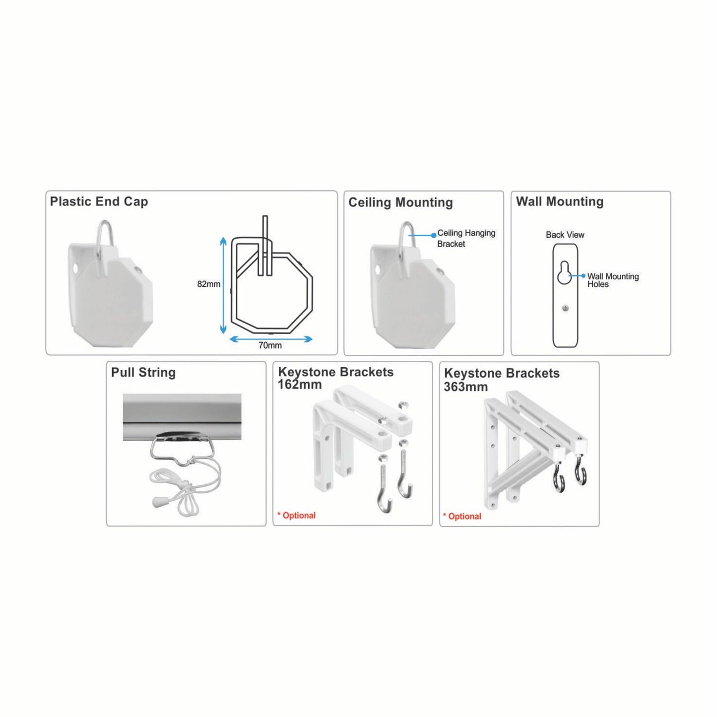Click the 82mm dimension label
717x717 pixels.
coord(208,284)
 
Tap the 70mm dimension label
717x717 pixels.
coord(270,345)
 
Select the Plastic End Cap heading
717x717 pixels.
coord(99,201)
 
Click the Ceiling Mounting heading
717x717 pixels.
coord(400,202)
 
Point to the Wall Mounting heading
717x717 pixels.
coord(560,201)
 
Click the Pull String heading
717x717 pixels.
coord(143,373)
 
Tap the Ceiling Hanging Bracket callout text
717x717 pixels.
coord(465,238)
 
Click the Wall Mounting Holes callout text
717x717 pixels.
coord(612,280)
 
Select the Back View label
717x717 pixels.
coord(565,235)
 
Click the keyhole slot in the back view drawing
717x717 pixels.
coord(564,273)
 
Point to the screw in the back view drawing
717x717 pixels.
coord(565,308)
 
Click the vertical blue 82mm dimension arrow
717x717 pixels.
coord(223,285)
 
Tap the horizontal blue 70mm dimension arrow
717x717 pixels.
coord(271,339)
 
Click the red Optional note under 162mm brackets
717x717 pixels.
coord(297,516)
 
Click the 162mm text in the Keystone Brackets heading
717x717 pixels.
coord(300,385)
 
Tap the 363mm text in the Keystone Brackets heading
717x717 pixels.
coord(465,387)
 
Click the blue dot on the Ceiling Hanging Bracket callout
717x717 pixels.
coord(434,235)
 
